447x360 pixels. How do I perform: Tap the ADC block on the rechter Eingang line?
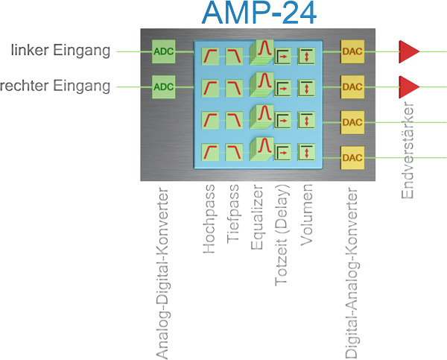162,86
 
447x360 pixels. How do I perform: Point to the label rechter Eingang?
57,86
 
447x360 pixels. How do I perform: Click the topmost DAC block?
352,51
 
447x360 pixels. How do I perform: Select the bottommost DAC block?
352,157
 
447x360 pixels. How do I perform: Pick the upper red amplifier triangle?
409,51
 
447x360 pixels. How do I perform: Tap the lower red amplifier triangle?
409,86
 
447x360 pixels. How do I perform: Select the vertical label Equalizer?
258,220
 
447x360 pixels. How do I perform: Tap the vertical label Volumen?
307,218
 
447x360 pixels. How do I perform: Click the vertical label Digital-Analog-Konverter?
352,270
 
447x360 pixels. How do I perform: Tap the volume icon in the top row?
307,54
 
